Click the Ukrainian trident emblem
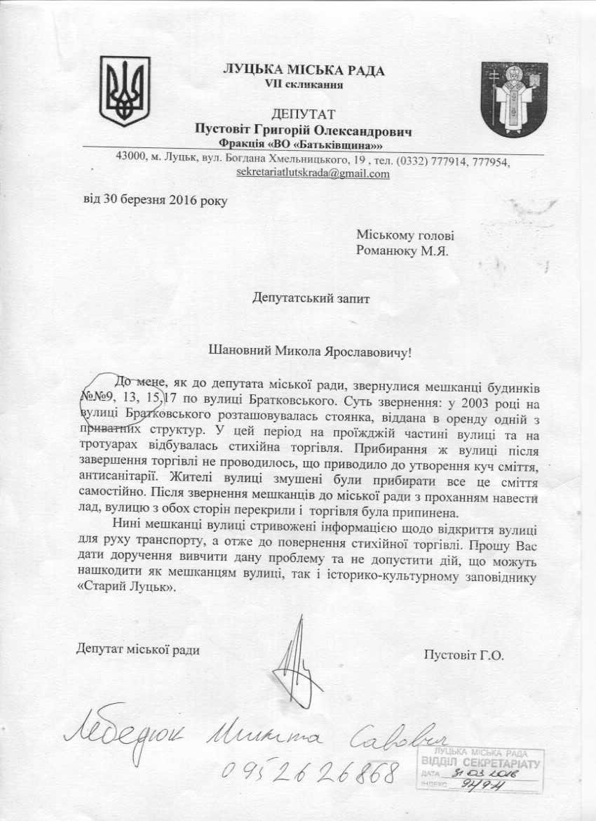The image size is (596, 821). pyautogui.click(x=125, y=91)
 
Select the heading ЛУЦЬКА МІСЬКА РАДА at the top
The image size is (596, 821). pyautogui.click(x=304, y=70)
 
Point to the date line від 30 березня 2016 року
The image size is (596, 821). pyautogui.click(x=155, y=199)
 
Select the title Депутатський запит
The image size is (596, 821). pyautogui.click(x=311, y=297)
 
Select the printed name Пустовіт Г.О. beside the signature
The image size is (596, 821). pyautogui.click(x=464, y=655)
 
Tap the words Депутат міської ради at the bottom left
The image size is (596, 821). pyautogui.click(x=138, y=650)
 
